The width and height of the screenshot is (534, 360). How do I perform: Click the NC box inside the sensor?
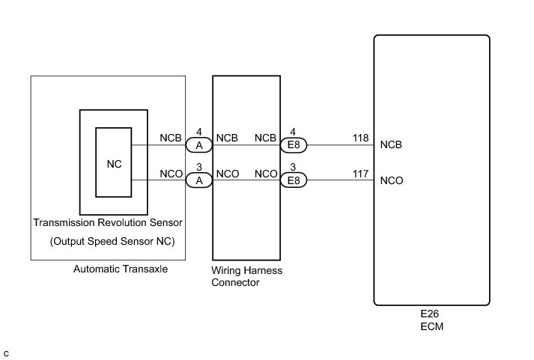coord(114,162)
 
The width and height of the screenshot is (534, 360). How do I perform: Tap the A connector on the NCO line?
coord(199,180)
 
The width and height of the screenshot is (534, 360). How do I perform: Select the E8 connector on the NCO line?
coord(294,180)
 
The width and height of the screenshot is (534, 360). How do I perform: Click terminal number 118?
coord(361,139)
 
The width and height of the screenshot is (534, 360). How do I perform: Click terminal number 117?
coord(361,174)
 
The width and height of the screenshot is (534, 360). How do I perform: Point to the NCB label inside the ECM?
coord(392,145)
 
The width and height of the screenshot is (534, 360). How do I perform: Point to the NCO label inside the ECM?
coord(392,180)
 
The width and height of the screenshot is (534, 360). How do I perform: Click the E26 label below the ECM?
coord(432,316)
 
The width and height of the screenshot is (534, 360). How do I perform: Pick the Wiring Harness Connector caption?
coord(247,276)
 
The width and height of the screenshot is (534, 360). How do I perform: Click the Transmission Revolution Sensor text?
coord(108,223)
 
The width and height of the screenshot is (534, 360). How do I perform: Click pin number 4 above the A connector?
coord(199,132)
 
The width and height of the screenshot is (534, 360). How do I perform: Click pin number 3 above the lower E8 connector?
coord(294,167)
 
